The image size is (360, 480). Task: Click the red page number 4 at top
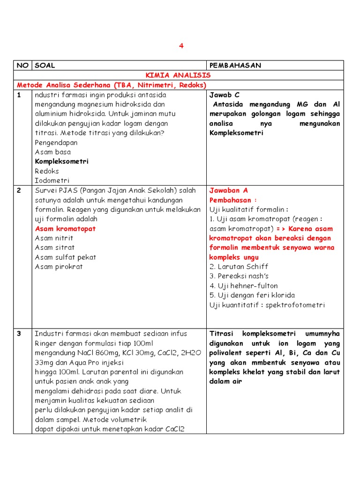tap(180, 45)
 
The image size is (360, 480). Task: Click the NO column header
tap(22, 66)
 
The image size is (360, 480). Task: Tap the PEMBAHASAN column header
tap(235, 66)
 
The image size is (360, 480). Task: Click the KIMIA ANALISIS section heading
tap(178, 75)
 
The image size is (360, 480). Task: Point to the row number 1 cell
tap(19, 95)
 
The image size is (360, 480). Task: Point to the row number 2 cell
tap(19, 190)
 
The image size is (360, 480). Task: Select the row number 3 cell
tap(19, 334)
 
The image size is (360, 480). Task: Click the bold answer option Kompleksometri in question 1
tap(61, 161)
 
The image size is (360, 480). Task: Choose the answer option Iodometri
tap(52, 180)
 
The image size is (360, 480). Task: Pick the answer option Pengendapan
tap(56, 142)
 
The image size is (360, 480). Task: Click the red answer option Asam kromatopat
tap(65, 229)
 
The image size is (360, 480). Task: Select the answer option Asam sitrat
tap(54, 247)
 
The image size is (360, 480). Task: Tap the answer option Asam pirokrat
tap(59, 267)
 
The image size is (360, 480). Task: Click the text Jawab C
tap(224, 95)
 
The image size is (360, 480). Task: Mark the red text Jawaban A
tap(228, 190)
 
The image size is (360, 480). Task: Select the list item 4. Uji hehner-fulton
tap(243, 286)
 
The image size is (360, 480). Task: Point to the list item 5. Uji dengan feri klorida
tap(252, 295)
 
